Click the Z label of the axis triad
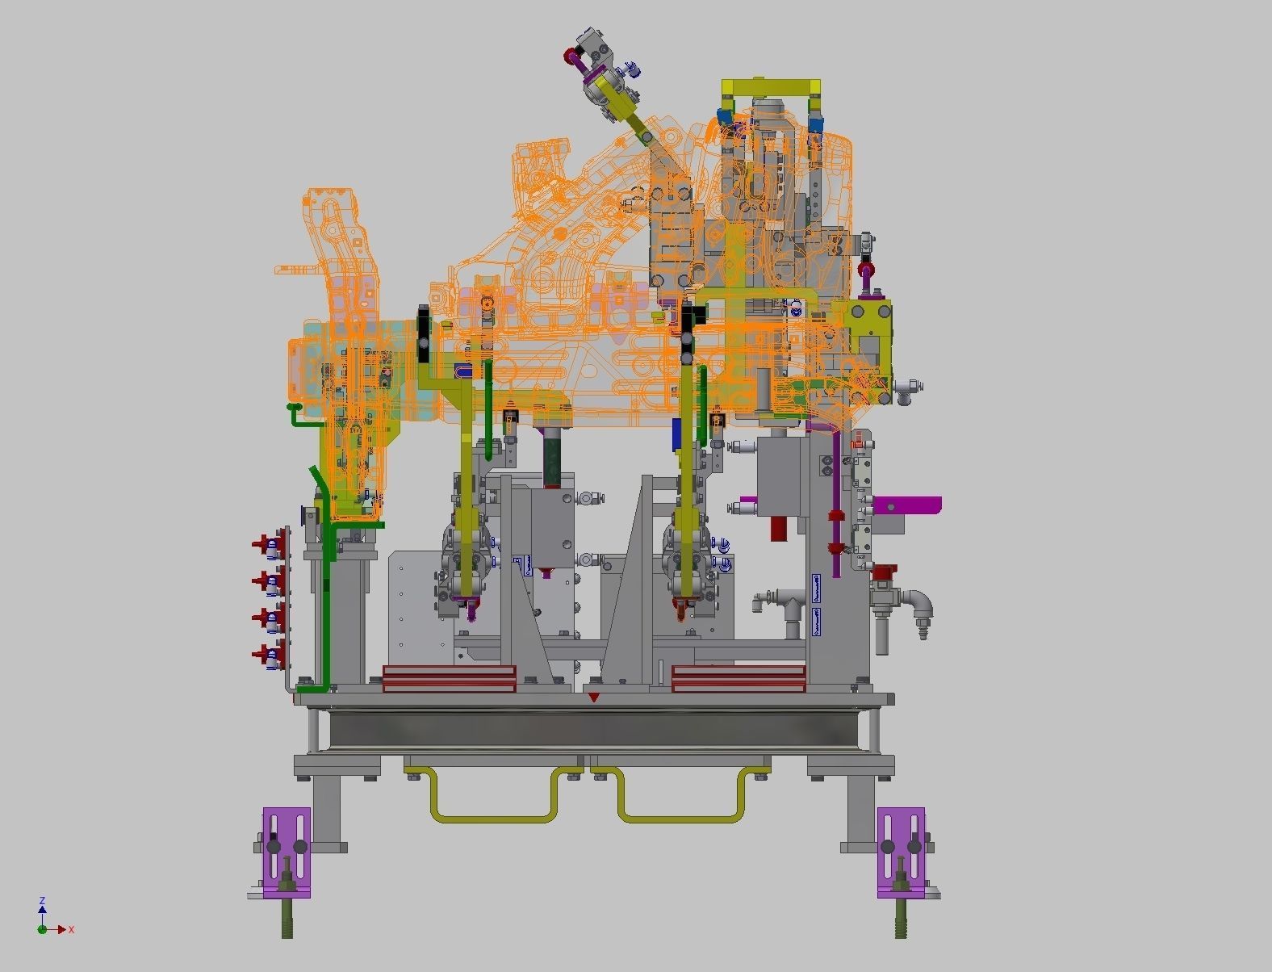(x=42, y=900)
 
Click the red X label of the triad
(x=72, y=930)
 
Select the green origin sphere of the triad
(x=41, y=929)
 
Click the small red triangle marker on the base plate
(x=594, y=697)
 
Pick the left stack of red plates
(x=449, y=679)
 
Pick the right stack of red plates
(x=739, y=679)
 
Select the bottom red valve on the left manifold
(x=262, y=654)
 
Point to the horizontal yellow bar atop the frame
(x=772, y=86)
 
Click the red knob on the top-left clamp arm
(x=571, y=56)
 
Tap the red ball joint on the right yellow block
(x=867, y=270)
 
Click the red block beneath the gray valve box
(x=779, y=528)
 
